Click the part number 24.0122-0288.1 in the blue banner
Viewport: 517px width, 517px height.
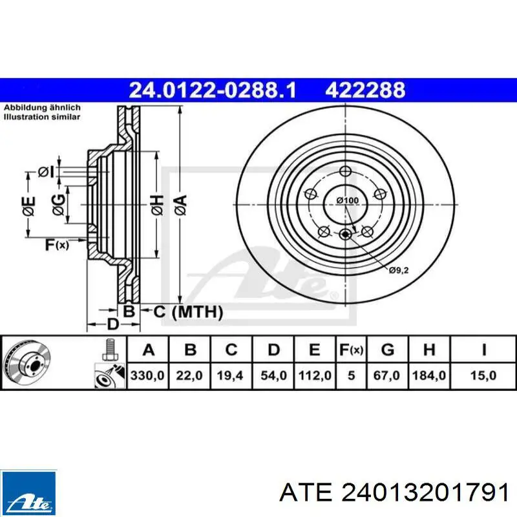213,90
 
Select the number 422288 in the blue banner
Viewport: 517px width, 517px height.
365,90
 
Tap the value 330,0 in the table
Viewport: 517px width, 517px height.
147,375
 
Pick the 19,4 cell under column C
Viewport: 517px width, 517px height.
230,375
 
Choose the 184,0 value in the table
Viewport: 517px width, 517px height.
429,375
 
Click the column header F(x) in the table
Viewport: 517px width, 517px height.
351,350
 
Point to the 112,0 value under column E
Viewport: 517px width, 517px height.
315,375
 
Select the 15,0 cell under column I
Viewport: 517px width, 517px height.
483,375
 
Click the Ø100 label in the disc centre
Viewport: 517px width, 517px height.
348,200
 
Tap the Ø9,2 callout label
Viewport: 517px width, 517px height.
398,270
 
